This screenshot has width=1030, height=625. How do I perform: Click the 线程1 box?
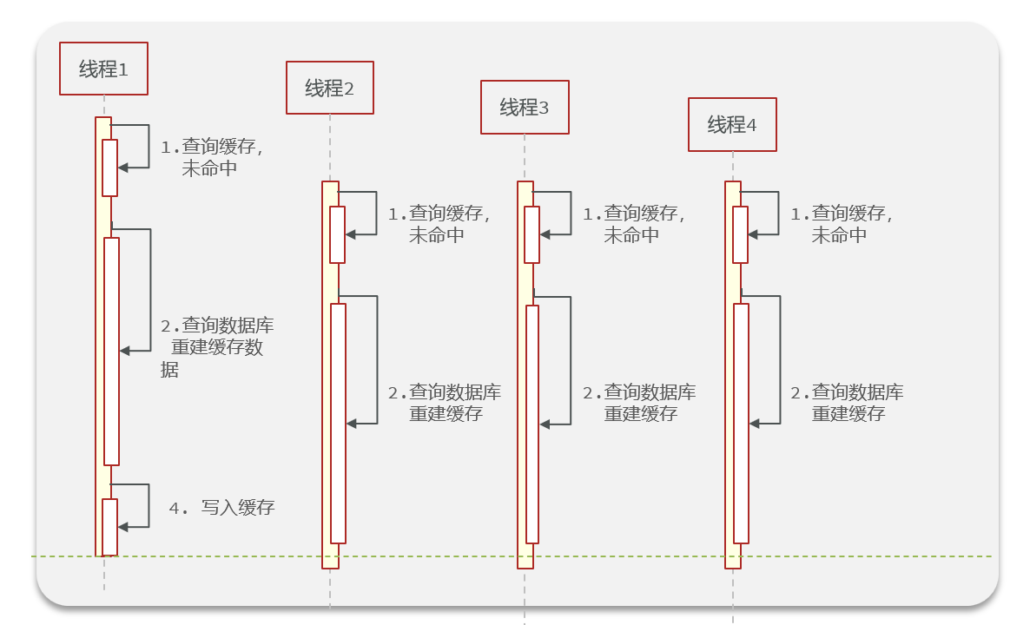(x=103, y=69)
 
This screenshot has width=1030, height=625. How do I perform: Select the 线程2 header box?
(x=330, y=88)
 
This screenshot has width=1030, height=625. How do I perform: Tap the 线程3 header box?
(x=525, y=108)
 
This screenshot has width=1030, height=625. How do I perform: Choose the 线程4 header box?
(x=732, y=125)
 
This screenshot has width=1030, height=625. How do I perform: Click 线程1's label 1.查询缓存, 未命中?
(x=211, y=158)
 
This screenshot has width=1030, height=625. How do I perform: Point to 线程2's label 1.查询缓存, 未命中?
(x=439, y=224)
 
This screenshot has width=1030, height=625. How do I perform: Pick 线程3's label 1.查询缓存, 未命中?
(x=633, y=224)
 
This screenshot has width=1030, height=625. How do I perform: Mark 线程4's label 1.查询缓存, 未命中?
(x=841, y=224)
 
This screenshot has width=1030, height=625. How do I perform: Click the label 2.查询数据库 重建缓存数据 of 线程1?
(x=217, y=347)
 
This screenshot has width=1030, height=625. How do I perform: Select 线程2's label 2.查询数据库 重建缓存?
(x=445, y=403)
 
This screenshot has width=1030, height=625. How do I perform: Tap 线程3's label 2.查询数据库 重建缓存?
(x=639, y=403)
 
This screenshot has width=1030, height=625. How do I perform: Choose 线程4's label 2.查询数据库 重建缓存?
(x=847, y=403)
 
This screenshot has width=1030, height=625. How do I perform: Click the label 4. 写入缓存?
(x=222, y=508)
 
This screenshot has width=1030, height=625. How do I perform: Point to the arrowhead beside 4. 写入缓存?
(x=123, y=527)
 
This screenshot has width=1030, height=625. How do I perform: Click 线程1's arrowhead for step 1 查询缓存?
(x=123, y=167)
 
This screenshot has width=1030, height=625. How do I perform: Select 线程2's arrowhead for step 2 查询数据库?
(x=352, y=424)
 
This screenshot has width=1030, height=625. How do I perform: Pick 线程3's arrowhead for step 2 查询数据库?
(x=545, y=424)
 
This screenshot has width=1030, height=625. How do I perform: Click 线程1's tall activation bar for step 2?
(x=111, y=351)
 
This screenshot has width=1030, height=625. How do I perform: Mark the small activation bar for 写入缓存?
(x=109, y=527)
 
